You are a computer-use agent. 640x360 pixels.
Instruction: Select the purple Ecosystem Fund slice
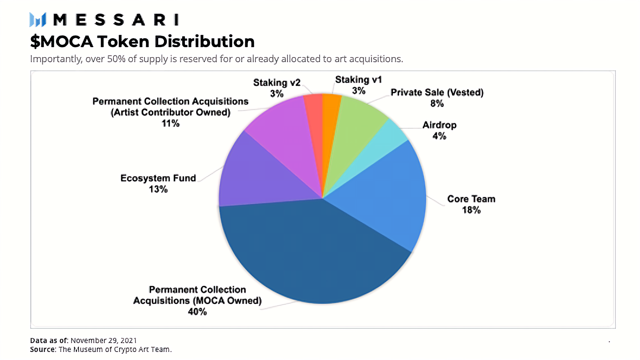coord(257,176)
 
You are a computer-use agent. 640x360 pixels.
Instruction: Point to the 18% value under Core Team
coord(471,210)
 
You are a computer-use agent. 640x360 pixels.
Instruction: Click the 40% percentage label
coord(197,312)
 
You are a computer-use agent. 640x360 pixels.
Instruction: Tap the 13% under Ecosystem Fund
coord(158,189)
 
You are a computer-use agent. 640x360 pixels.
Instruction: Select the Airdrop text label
coord(439,125)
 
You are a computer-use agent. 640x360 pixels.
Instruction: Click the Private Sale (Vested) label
coord(437,93)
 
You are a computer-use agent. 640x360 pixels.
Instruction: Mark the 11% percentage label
coord(170,123)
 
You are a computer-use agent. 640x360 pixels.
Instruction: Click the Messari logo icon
coord(38,20)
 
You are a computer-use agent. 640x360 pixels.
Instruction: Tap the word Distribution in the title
coord(204,42)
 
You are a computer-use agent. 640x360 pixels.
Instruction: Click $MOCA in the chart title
coord(62,42)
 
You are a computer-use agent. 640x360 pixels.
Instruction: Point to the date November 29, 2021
coord(103,340)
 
